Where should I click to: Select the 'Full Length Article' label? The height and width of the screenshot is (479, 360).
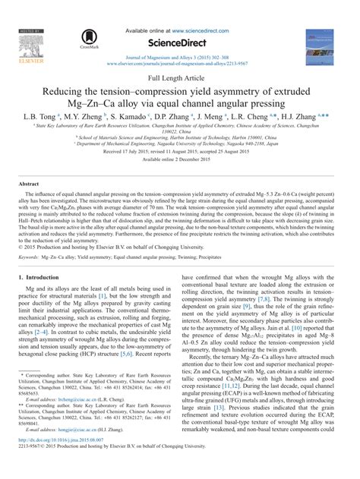(x=180, y=78)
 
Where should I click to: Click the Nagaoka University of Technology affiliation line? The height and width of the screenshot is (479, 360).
(x=180, y=146)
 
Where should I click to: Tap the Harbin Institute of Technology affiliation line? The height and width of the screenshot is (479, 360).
(x=180, y=138)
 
